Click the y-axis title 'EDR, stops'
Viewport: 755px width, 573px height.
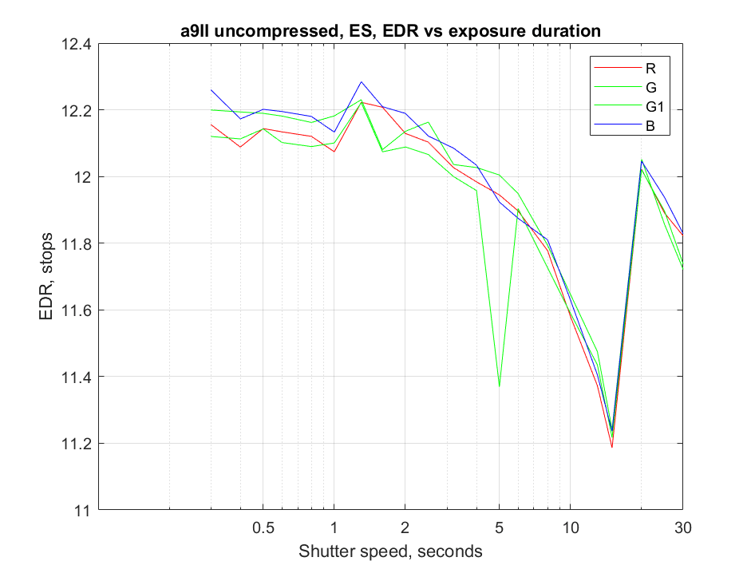tap(47, 277)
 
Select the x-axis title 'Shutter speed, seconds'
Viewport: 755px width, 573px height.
tap(389, 551)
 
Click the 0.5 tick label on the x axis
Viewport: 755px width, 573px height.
tap(263, 528)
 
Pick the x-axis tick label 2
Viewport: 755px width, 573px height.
tap(405, 528)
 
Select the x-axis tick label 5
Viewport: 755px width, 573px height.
tap(499, 528)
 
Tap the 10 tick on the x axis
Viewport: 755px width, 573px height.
tap(570, 528)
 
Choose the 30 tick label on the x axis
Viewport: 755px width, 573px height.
tap(682, 528)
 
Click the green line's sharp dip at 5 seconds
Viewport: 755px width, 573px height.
tap(499, 385)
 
